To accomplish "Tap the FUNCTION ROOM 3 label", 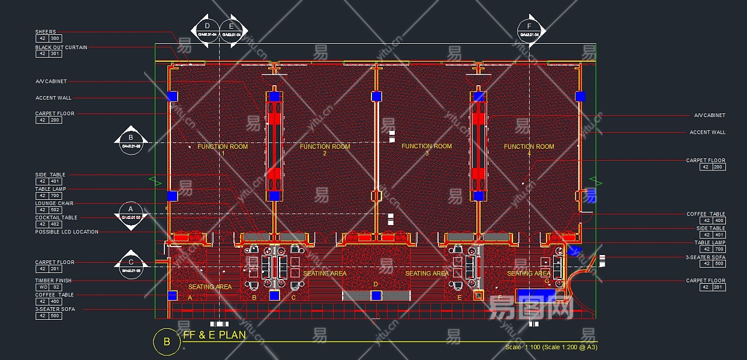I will coord(427,146).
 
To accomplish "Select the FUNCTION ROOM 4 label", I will coord(529,147).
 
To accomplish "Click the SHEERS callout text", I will coord(46,32).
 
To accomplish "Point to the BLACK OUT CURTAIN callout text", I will coord(61,47).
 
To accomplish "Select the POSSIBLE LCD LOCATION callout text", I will coord(67,232).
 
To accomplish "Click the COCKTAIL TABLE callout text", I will coord(56,218).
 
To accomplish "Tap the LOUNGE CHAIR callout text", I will coord(54,203).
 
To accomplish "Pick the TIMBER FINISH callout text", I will coord(53,281).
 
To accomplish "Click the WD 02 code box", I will coord(49,287).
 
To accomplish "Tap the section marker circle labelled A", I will coord(131,214).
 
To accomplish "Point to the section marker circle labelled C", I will coord(131,265).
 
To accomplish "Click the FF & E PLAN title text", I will coord(214,335).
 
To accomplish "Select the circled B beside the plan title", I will coord(166,342).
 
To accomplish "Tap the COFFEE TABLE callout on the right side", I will coord(706,214).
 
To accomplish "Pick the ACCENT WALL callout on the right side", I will coord(707,133).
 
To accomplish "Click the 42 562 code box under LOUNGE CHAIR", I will coord(49,210).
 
